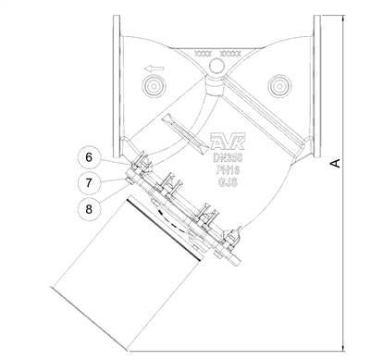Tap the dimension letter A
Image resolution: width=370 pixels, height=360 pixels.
point(337,163)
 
